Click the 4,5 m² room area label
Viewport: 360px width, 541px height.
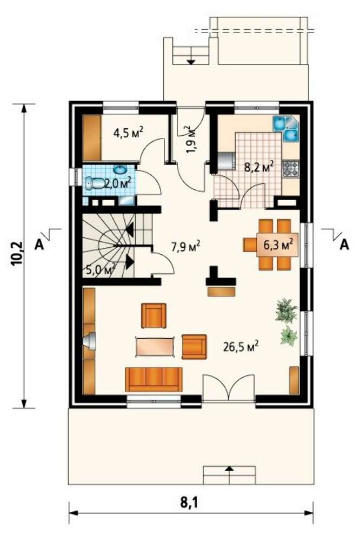click(x=128, y=133)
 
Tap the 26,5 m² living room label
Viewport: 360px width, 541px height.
click(x=241, y=346)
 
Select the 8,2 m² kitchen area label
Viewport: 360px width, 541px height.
click(x=259, y=168)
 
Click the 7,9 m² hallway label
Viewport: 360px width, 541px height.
click(x=185, y=246)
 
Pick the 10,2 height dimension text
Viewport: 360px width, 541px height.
click(x=17, y=254)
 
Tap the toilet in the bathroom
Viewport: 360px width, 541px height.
click(x=95, y=183)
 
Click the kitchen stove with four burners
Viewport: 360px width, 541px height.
click(x=291, y=169)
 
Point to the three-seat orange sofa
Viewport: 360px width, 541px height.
click(x=154, y=379)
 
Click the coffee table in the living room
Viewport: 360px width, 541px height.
click(x=155, y=346)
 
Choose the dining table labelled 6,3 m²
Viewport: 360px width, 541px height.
click(x=277, y=245)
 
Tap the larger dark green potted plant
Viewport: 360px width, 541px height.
click(x=286, y=310)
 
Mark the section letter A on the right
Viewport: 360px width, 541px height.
click(x=344, y=245)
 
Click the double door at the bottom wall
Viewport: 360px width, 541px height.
click(x=229, y=388)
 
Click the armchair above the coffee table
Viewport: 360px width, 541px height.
click(x=154, y=315)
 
